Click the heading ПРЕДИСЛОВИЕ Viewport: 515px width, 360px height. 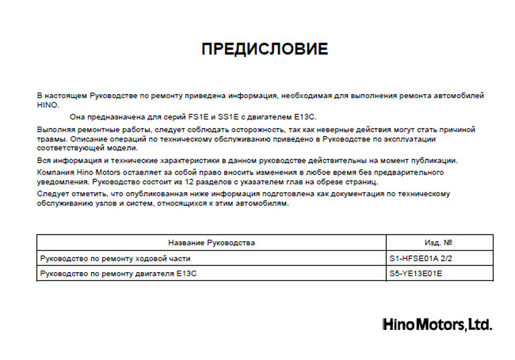point(264,49)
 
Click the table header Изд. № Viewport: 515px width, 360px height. point(439,243)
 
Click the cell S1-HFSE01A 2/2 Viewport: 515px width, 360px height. point(422,257)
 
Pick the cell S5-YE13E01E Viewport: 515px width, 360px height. point(416,273)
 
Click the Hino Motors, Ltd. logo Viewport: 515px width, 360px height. point(437,325)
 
